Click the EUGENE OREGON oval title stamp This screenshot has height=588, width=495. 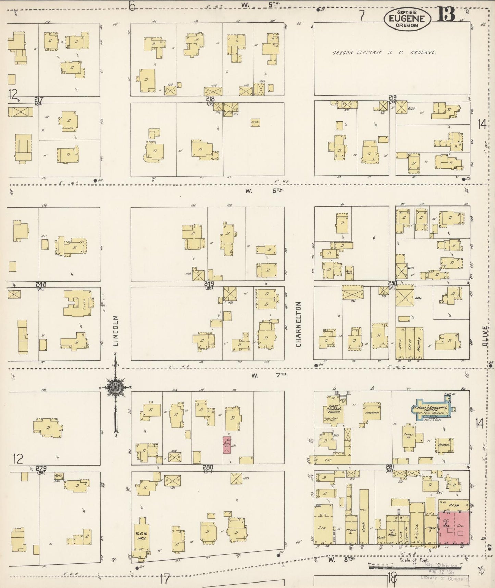pyautogui.click(x=407, y=20)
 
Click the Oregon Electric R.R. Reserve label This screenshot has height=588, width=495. pyautogui.click(x=384, y=53)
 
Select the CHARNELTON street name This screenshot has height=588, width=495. pyautogui.click(x=298, y=324)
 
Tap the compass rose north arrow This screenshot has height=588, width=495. pyautogui.click(x=116, y=388)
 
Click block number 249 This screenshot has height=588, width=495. pyautogui.click(x=209, y=284)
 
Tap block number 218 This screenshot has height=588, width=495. pyautogui.click(x=210, y=99)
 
